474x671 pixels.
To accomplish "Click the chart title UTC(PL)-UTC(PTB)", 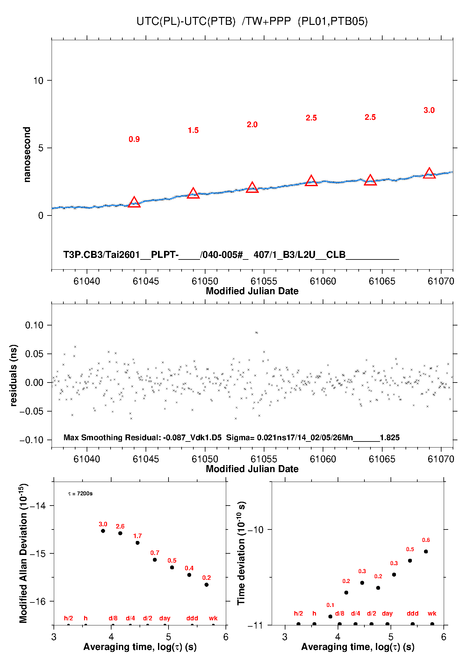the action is pos(186,21).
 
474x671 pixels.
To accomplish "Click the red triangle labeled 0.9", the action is pos(134,202).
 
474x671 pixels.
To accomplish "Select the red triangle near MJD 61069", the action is pos(429,173).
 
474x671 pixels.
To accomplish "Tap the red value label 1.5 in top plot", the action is pos(193,130).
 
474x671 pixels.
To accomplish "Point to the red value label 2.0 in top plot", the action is pos(252,125).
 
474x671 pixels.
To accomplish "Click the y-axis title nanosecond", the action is pos(27,155).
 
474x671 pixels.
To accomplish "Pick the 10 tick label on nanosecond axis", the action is pos(38,81).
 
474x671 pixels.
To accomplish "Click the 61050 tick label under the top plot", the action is pos(205,281).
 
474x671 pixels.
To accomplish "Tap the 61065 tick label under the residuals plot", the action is pos(382,459).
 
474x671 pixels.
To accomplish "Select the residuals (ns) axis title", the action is pos(13,376).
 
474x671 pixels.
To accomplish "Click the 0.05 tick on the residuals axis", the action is pos(34,354).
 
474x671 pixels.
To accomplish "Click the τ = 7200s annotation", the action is pos(80,494).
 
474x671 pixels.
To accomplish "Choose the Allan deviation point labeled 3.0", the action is pos(103,531).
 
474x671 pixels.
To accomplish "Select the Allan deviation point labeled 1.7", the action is pos(138,543).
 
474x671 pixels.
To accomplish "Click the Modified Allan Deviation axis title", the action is pos(23,553).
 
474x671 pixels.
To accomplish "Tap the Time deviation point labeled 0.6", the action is pos(426,551).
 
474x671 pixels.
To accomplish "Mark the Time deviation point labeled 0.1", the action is pos(330,616).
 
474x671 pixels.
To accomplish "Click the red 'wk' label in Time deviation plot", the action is pos(432,613).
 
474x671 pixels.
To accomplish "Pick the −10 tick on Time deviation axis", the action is pos(255,529).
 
